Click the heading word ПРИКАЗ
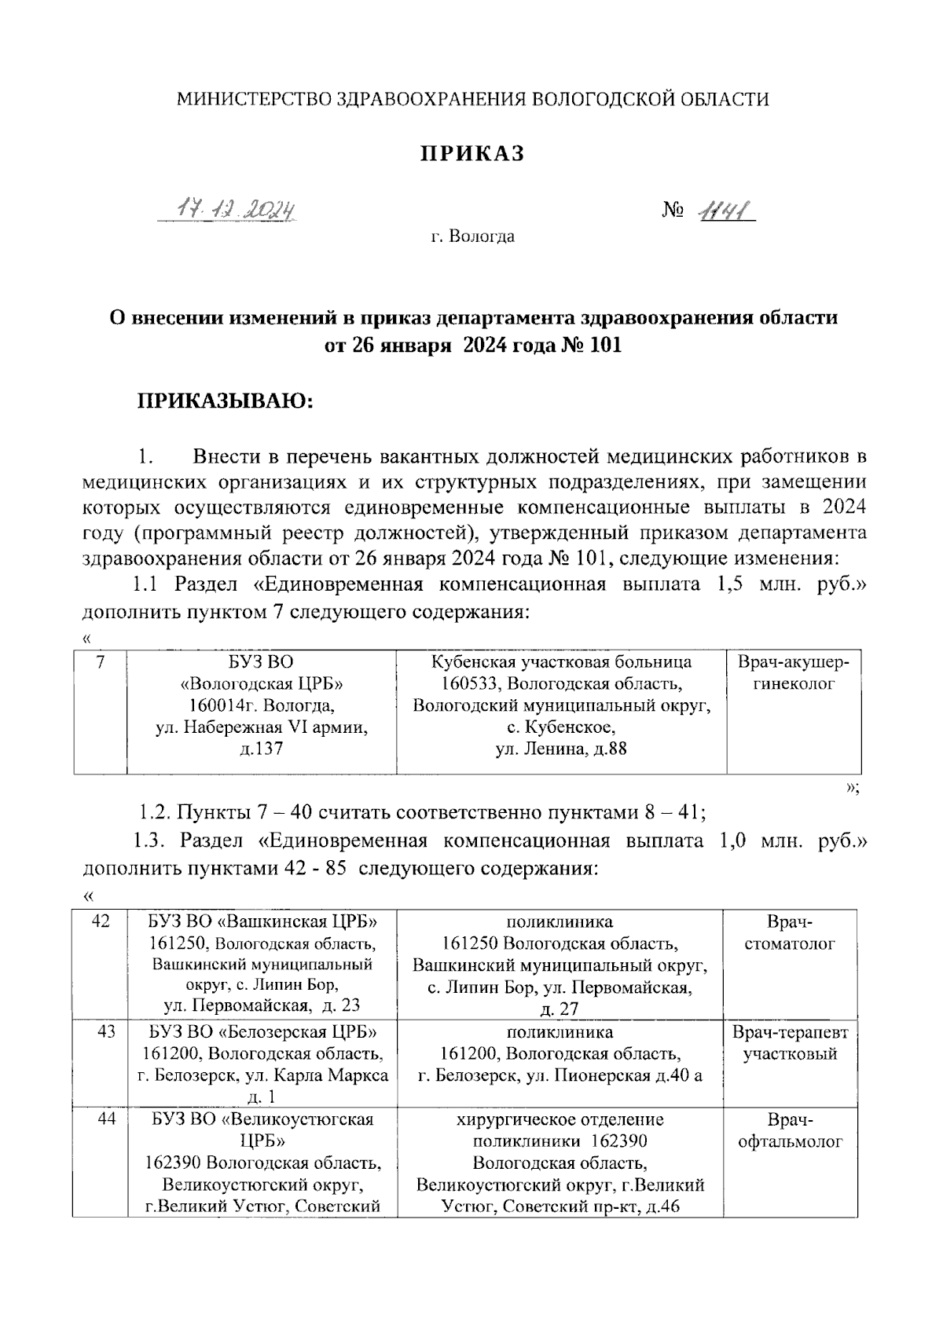471,154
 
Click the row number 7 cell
100,662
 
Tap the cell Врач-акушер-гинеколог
793,673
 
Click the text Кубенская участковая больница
562,662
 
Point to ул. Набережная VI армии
262,727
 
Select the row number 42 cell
100,921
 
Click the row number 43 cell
105,1031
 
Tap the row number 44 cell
105,1119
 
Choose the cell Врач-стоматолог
790,932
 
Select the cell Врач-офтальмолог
790,1130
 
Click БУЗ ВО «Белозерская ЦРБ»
262,1031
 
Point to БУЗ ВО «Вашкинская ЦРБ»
262,921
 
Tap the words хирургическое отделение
560,1119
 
